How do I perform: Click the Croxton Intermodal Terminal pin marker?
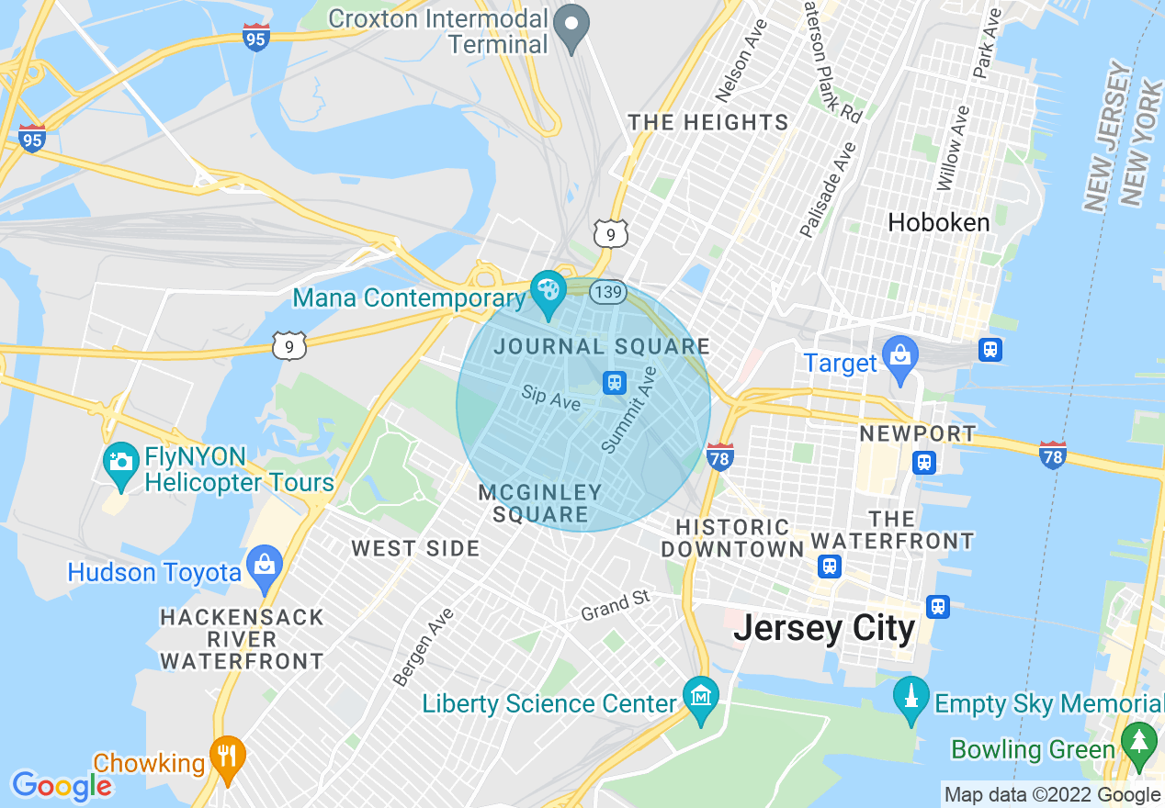[573, 27]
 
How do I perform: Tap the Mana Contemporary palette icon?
[549, 292]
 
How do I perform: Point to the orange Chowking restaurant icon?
[226, 757]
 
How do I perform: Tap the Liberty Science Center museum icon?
[701, 699]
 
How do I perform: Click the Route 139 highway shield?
[608, 292]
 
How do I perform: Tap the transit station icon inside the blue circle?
[615, 382]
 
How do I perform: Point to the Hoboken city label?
[939, 222]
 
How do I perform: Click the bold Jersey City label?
[824, 629]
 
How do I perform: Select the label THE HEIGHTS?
[707, 122]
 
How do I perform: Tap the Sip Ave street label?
[550, 398]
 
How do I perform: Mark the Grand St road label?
[615, 606]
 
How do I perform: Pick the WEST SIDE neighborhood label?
[415, 549]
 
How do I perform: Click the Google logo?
[62, 786]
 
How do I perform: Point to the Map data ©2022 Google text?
[1052, 795]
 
